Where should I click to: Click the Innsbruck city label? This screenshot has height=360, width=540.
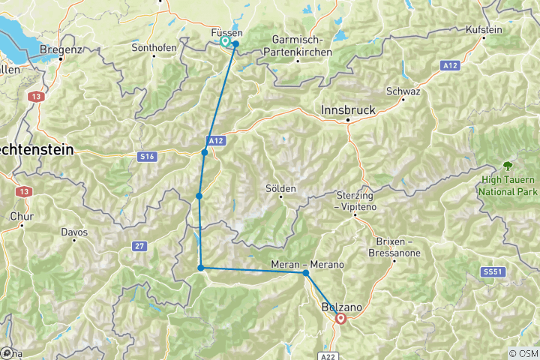347,109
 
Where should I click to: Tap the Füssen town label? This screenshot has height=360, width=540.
226,33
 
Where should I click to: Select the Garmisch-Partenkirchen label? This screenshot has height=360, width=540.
297,46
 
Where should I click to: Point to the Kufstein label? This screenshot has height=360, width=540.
484,30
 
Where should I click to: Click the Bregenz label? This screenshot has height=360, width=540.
60,49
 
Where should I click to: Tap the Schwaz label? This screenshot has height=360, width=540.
403,91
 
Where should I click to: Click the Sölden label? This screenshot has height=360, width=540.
281,188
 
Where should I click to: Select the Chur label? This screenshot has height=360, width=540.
22,217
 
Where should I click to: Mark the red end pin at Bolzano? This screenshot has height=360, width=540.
341,318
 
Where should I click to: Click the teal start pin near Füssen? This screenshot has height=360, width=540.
225,42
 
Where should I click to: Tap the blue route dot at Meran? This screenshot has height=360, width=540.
306,273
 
